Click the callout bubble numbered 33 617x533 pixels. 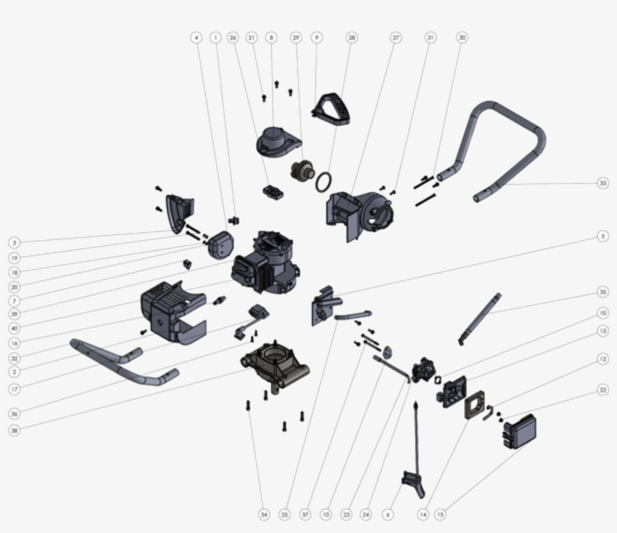[603, 183]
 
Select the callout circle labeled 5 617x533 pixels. [603, 236]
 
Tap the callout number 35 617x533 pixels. [603, 292]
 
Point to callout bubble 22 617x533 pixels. [603, 390]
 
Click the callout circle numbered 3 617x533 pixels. [14, 242]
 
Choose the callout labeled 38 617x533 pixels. [14, 431]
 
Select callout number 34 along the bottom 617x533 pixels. [263, 515]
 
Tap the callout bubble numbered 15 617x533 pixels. [440, 515]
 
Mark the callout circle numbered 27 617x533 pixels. [396, 37]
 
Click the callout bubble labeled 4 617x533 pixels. [196, 37]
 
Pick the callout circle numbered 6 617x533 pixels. [388, 515]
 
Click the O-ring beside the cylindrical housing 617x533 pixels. [324, 182]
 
